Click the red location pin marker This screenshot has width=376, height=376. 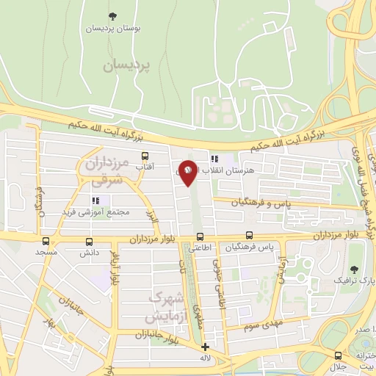click(189, 172)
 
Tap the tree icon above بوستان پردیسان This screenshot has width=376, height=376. click(112, 15)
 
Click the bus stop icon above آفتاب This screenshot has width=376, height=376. click(145, 156)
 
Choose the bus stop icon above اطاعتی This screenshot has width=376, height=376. click(200, 236)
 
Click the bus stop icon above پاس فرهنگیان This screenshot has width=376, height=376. click(250, 236)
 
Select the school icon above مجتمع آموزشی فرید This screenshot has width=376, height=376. click(95, 200)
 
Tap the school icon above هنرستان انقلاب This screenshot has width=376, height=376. click(214, 158)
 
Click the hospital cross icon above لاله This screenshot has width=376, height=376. click(205, 347)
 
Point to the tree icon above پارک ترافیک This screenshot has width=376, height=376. click(355, 269)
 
